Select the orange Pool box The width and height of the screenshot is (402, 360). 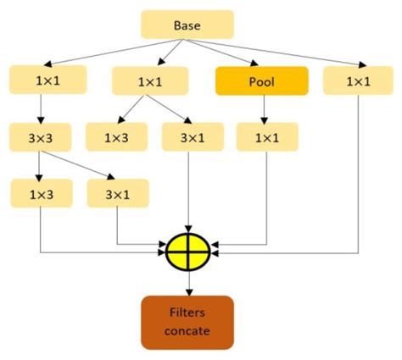pyautogui.click(x=262, y=81)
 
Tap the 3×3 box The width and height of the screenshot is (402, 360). pyautogui.click(x=41, y=137)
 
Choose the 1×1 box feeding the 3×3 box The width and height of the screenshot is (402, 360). pyautogui.click(x=41, y=81)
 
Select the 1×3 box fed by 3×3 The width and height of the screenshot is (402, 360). pyautogui.click(x=41, y=194)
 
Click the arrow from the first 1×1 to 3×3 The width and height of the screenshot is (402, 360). pyautogui.click(x=41, y=108)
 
